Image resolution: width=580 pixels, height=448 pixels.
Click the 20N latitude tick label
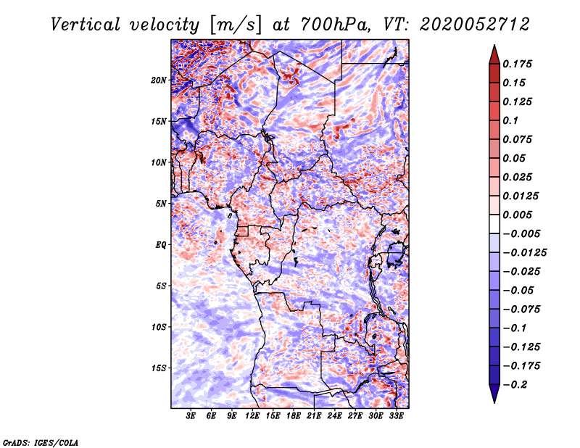tap(159, 80)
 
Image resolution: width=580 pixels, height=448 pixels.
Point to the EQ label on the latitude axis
tap(160, 245)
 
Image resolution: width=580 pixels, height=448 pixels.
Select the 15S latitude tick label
tap(159, 368)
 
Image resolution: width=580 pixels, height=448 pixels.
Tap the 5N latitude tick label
tap(161, 204)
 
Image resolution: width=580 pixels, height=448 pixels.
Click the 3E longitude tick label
tap(191, 416)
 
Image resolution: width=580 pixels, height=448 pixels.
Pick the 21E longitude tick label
tap(314, 416)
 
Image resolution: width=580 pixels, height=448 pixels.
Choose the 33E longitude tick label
tap(396, 416)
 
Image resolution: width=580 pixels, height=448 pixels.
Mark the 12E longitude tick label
tap(252, 416)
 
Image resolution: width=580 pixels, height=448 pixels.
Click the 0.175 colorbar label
tap(517, 64)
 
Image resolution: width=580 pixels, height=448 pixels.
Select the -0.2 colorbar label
tap(515, 385)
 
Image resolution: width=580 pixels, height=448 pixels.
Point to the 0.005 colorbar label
tap(517, 215)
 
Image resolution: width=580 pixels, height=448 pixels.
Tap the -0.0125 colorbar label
tap(524, 253)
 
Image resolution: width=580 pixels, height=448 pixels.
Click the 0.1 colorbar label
tap(510, 120)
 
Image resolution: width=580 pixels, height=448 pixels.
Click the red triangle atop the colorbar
tap(494, 55)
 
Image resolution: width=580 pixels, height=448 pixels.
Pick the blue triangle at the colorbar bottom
tap(494, 394)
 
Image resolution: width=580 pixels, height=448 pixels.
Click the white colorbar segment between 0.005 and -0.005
tap(494, 224)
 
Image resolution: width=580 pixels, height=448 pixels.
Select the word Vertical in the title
tap(86, 25)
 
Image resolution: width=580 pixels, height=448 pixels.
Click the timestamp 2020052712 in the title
tap(475, 25)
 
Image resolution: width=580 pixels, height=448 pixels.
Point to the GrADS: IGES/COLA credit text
tap(41, 442)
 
